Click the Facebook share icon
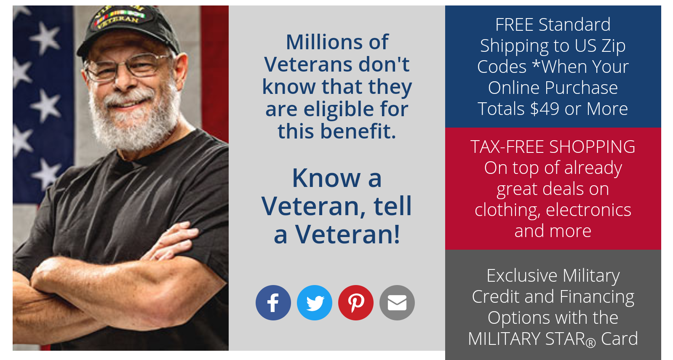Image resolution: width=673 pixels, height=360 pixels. (x=273, y=303)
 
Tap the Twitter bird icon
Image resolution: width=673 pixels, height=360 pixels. (x=315, y=303)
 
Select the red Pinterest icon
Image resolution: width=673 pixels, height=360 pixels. (x=356, y=303)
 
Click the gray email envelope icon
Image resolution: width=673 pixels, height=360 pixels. (x=397, y=303)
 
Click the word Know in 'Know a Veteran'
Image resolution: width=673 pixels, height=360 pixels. (x=326, y=178)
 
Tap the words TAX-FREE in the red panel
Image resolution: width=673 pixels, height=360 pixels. (x=507, y=147)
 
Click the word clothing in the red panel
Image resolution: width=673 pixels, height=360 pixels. (x=507, y=210)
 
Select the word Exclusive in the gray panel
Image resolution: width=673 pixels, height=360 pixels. (x=521, y=276)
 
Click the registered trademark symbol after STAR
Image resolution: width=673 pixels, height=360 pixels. (x=591, y=343)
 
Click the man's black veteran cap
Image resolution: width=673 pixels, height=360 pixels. (x=126, y=25)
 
